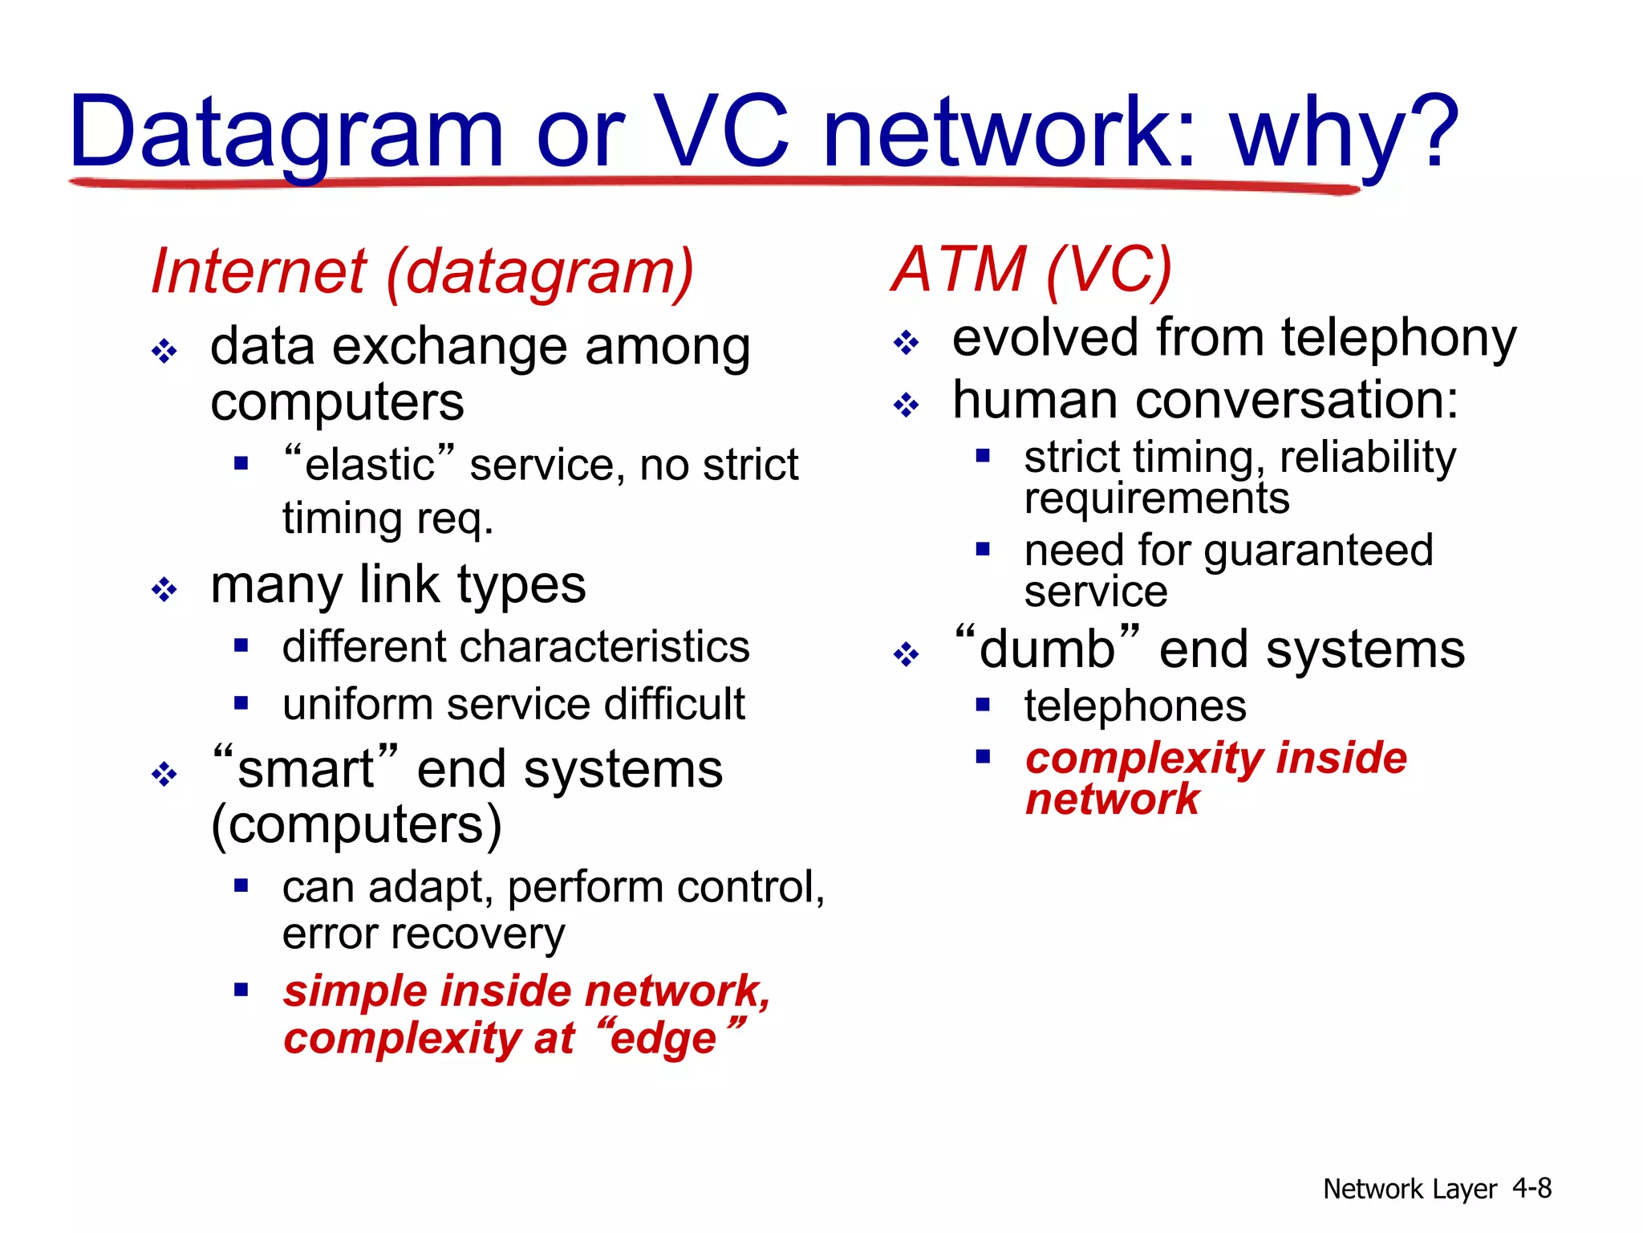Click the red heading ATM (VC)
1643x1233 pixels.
[x=1032, y=269]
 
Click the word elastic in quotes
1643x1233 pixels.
[x=370, y=465]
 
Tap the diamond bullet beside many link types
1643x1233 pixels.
[x=164, y=590]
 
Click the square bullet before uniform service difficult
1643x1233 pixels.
[x=241, y=704]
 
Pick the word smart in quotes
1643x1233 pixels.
[x=306, y=769]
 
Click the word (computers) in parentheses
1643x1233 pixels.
[x=356, y=824]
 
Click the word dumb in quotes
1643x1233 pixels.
[x=1047, y=649]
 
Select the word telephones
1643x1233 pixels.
[x=1135, y=706]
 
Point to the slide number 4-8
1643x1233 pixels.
[x=1531, y=1187]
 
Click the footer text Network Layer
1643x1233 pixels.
[x=1410, y=1189]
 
